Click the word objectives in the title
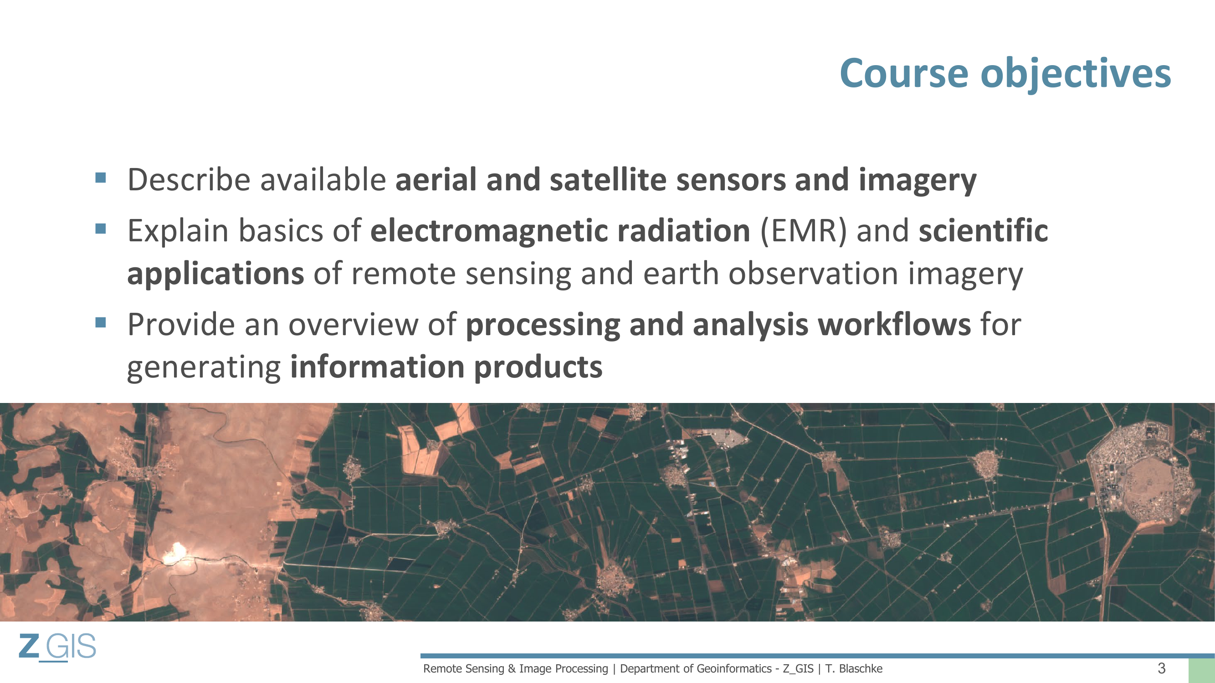tap(1076, 76)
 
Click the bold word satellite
tap(609, 179)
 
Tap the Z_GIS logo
tap(57, 647)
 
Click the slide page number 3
tap(1161, 668)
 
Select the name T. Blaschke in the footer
tap(854, 668)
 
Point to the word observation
tap(813, 274)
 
